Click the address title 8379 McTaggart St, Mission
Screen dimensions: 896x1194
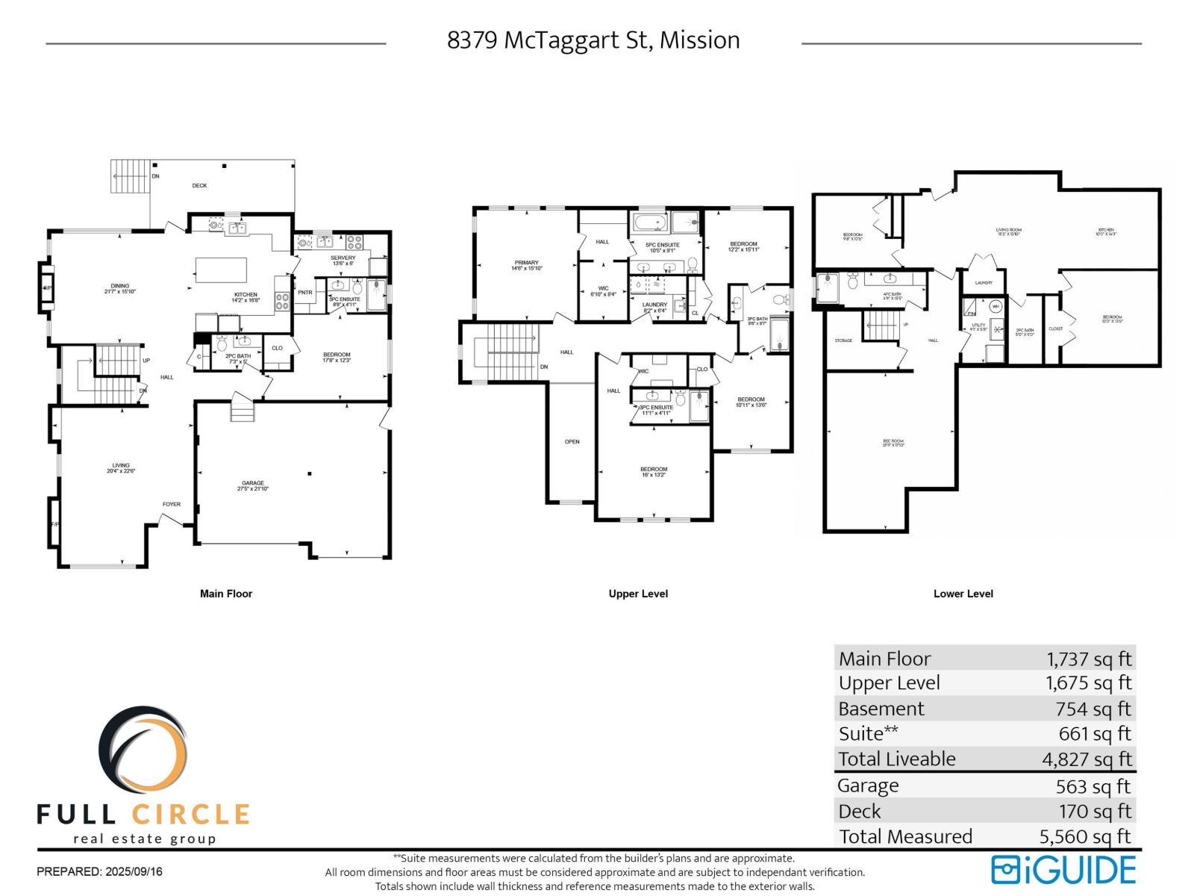click(593, 40)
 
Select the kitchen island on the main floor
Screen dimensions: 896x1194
click(221, 270)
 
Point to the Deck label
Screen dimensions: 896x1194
click(199, 185)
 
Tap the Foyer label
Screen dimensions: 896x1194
click(172, 504)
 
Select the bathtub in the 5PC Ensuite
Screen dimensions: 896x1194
click(650, 223)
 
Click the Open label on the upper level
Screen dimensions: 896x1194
click(572, 442)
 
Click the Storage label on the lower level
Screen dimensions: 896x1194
click(843, 340)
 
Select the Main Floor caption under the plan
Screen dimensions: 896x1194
click(226, 594)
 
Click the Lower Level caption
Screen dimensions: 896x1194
click(963, 594)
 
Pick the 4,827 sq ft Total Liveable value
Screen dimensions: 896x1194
click(1087, 759)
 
